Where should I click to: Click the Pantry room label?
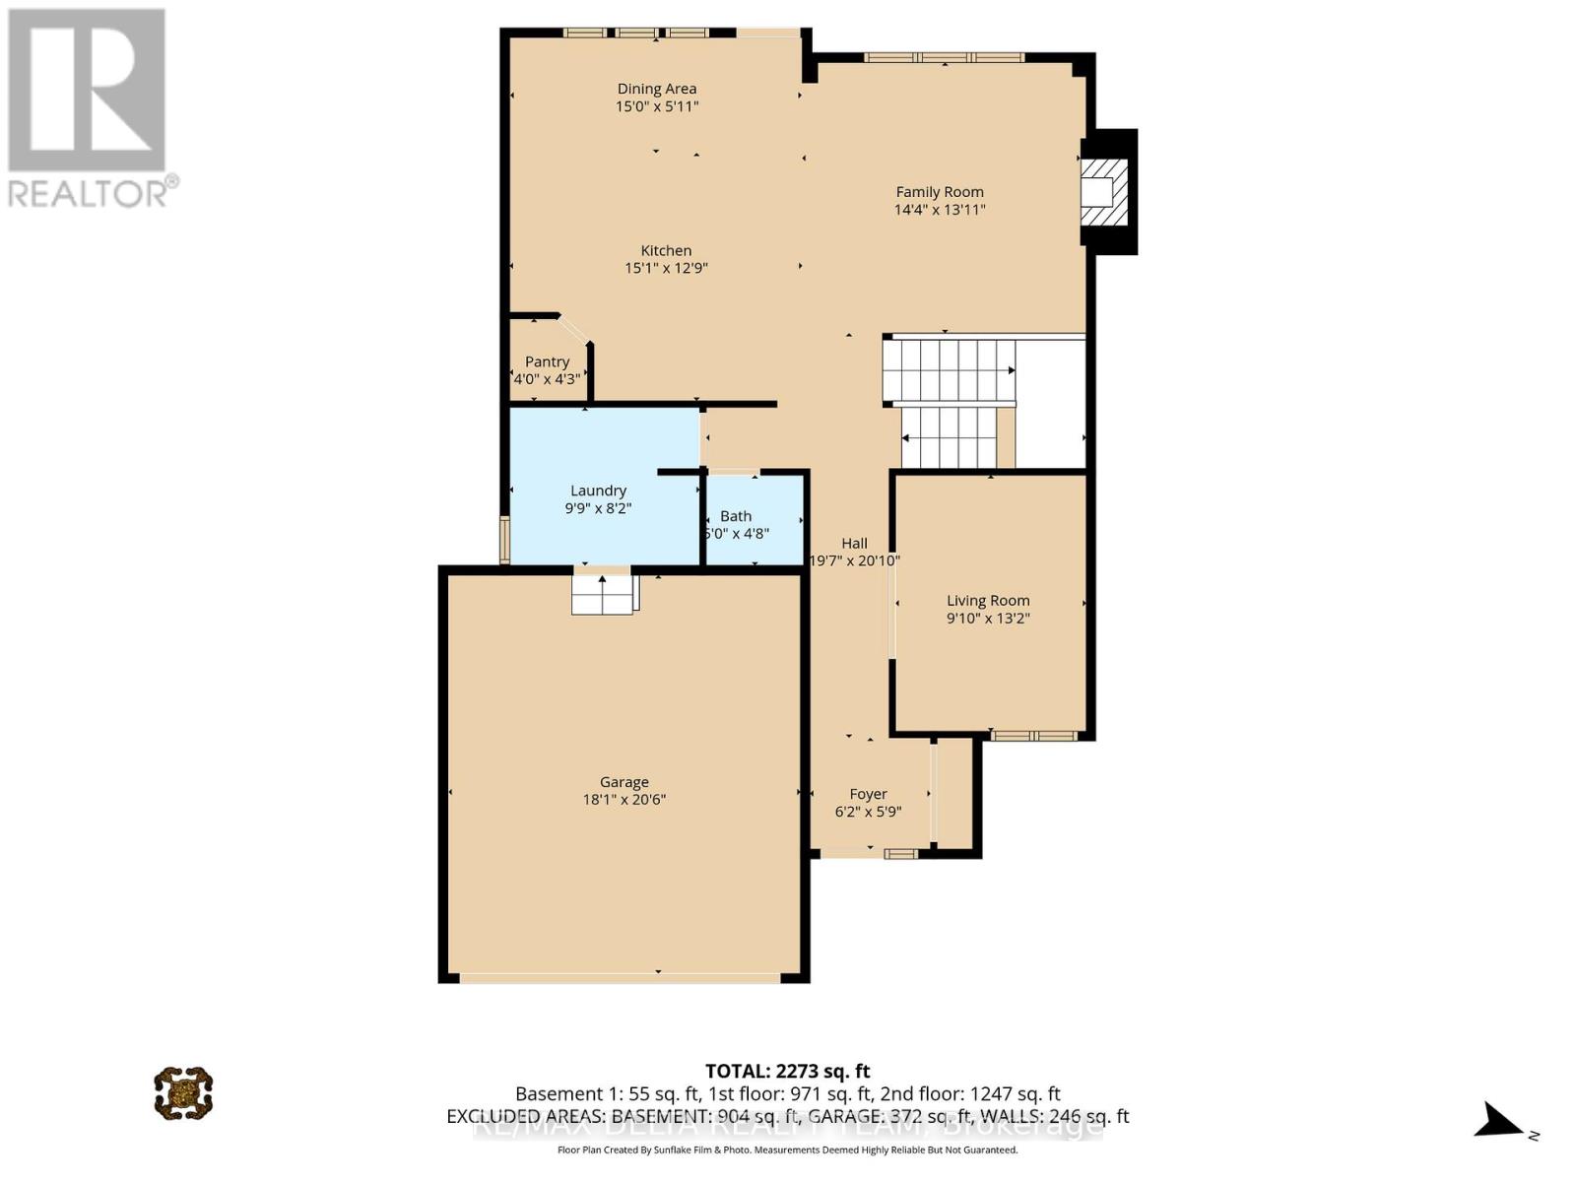pos(547,361)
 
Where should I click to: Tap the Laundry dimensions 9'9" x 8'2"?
pos(598,508)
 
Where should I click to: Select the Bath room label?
pos(736,516)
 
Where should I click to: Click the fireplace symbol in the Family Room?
pos(1103,191)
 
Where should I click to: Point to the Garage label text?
pos(624,782)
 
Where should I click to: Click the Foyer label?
pos(868,794)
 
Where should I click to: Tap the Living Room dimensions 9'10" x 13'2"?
pos(988,619)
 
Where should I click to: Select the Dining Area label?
pos(657,89)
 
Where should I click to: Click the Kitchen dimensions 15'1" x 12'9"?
pos(667,268)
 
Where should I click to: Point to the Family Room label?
pos(939,192)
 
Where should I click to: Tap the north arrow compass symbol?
pos(1502,1121)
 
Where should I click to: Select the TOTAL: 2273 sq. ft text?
pos(787,1071)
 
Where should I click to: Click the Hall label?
pos(854,543)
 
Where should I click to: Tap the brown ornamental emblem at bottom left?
pos(183,1091)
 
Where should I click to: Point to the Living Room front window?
pos(1033,735)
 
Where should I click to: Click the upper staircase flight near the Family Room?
pos(950,370)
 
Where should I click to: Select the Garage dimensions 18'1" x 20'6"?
pos(624,800)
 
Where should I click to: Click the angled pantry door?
pos(574,329)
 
